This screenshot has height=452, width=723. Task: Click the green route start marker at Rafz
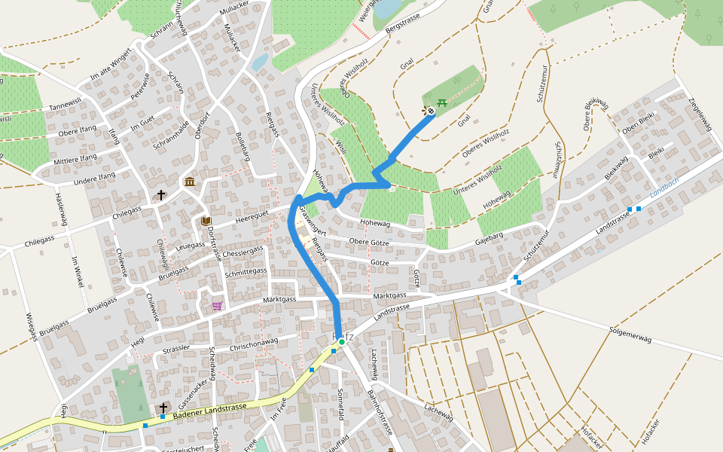tap(341, 342)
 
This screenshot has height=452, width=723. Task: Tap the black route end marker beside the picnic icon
tap(431, 112)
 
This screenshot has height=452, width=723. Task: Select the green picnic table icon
tap(442, 102)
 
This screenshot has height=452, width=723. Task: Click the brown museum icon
tap(189, 182)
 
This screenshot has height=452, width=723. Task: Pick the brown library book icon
tap(206, 221)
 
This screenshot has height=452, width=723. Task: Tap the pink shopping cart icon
tap(217, 305)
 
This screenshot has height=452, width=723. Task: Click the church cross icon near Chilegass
tap(160, 195)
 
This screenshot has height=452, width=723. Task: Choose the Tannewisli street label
tap(65, 104)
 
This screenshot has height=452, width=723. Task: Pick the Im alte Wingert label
tap(110, 65)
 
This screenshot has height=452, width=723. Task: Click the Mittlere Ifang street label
tap(75, 159)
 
